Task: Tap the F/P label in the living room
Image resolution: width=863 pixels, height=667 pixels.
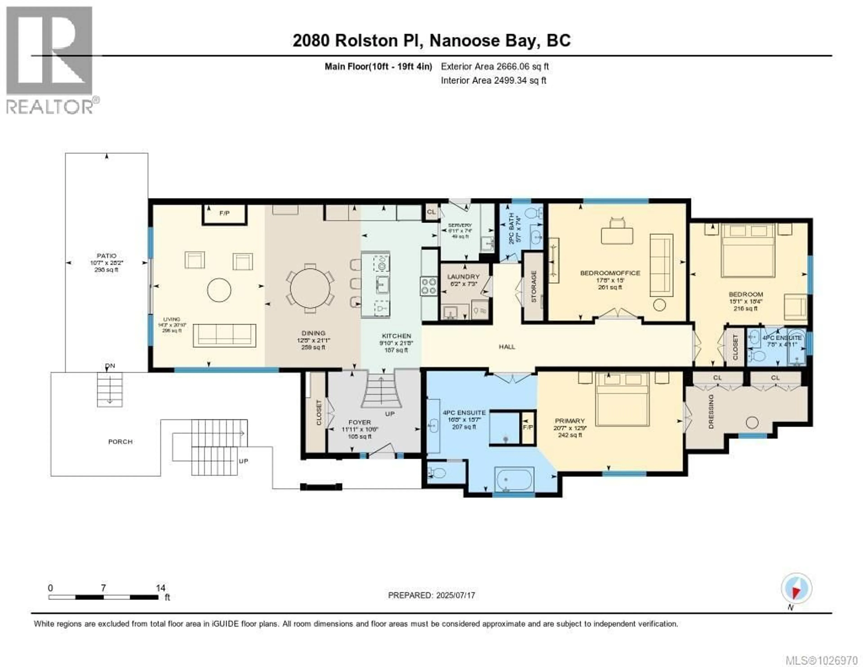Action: click(x=225, y=213)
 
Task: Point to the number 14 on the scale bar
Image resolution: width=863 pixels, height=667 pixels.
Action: click(x=160, y=588)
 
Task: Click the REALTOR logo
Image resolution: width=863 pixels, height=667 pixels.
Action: click(x=50, y=59)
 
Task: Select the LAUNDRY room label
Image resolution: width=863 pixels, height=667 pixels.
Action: click(x=463, y=277)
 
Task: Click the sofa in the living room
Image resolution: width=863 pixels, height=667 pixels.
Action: click(x=225, y=336)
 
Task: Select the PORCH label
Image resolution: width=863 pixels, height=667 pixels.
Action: click(x=120, y=442)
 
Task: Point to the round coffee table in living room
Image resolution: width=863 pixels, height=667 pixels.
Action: click(x=219, y=290)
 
